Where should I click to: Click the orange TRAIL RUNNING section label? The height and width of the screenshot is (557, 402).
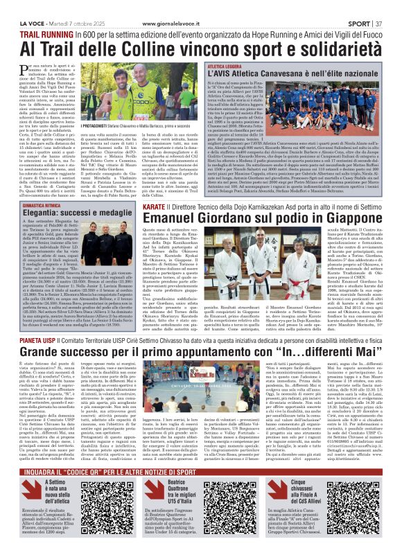click(40, 33)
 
